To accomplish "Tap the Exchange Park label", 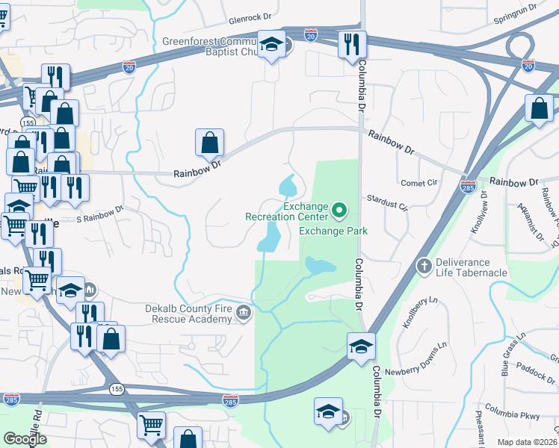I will [333, 231].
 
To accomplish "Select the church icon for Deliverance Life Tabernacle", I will [424, 265].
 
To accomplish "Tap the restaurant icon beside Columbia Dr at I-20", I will [349, 45].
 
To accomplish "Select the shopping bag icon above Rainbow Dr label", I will [210, 143].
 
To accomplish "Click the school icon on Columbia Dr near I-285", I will [361, 346].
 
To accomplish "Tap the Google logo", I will [25, 439].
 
